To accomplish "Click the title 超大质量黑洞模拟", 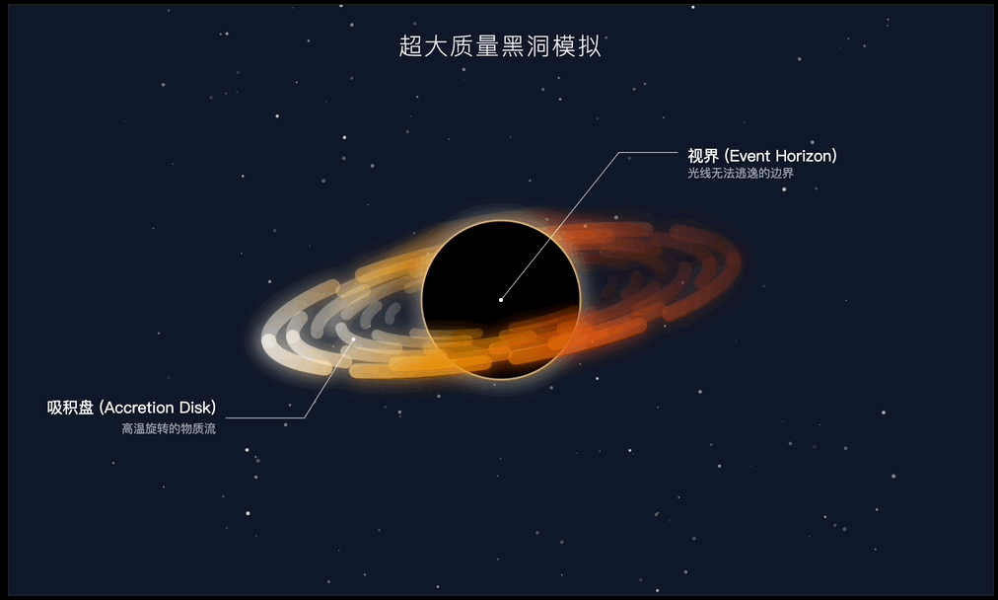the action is pyautogui.click(x=500, y=46).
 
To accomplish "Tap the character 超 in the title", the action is pyautogui.click(x=410, y=46).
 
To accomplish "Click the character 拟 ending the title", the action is pyautogui.click(x=590, y=46).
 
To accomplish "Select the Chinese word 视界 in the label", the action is pyautogui.click(x=703, y=156).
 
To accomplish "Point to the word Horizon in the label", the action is pyautogui.click(x=804, y=156).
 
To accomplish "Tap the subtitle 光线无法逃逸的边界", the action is pyautogui.click(x=741, y=174).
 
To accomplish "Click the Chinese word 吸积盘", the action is pyautogui.click(x=70, y=408).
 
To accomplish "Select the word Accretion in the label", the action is pyautogui.click(x=139, y=408).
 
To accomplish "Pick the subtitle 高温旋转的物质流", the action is pyautogui.click(x=169, y=428).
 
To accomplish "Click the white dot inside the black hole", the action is pyautogui.click(x=501, y=299).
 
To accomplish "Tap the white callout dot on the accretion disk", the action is pyautogui.click(x=353, y=338).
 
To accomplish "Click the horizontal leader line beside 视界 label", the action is pyautogui.click(x=649, y=153).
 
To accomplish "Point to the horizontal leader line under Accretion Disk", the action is pyautogui.click(x=265, y=417).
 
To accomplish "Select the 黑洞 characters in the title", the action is pyautogui.click(x=525, y=46).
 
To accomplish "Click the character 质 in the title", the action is pyautogui.click(x=462, y=46).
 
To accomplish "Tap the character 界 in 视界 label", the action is pyautogui.click(x=712, y=156).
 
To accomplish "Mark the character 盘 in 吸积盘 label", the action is pyautogui.click(x=86, y=408).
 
